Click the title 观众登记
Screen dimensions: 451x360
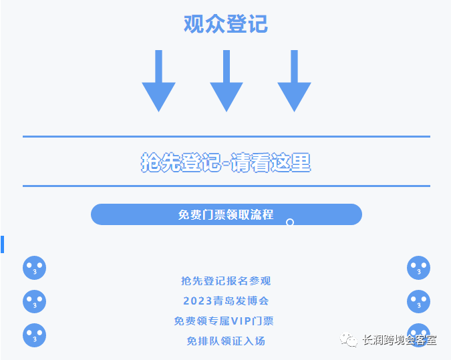(x=225, y=24)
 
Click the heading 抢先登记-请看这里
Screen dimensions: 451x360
(x=226, y=162)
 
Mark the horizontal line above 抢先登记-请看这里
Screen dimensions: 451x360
(x=226, y=136)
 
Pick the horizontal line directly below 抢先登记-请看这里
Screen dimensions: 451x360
(x=226, y=186)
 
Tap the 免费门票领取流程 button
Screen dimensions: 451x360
(x=226, y=214)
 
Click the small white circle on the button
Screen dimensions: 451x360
(x=290, y=222)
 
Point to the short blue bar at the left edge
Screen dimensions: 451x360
(x=3, y=244)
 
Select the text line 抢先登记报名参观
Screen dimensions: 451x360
(x=226, y=281)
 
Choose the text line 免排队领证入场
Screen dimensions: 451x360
(x=226, y=341)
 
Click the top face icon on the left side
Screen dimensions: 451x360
(x=34, y=268)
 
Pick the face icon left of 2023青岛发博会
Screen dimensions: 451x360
(x=34, y=301)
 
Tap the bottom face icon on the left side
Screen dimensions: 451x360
(x=34, y=335)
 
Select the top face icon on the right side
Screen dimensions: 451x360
(x=418, y=268)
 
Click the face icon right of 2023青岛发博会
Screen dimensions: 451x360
(x=418, y=301)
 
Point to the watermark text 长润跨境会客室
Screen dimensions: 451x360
(x=398, y=339)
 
